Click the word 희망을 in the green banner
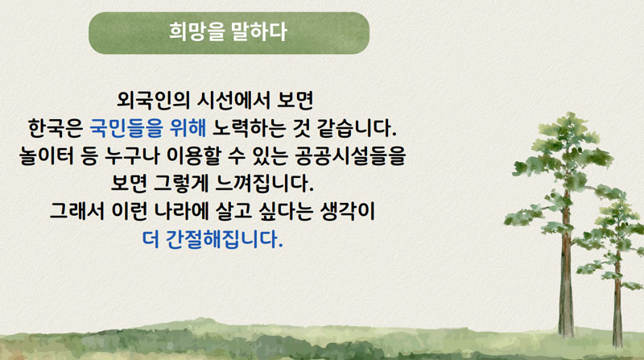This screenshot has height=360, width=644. point(196,31)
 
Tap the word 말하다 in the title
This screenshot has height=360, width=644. point(258,31)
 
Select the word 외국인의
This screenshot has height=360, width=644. point(153,101)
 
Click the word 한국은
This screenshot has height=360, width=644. point(56,128)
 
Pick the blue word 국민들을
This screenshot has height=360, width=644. point(126,128)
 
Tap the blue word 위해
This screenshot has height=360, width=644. point(188,128)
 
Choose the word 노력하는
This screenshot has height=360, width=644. point(249,128)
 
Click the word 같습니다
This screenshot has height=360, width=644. point(357,128)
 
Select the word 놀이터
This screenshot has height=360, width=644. point(47,155)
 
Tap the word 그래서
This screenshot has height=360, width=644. point(76,211)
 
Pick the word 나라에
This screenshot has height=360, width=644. point(180,211)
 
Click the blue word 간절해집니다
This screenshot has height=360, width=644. point(225,239)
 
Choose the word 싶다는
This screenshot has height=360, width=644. point(286,211)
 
